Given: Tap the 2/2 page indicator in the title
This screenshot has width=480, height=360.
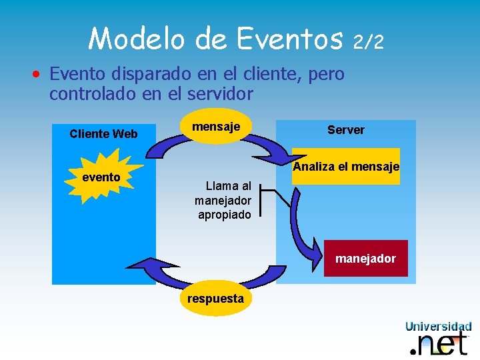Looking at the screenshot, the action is pos(368,42).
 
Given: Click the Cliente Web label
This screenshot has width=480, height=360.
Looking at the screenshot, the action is pos(103,133).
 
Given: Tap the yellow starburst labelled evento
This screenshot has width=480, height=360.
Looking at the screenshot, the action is pos(102,176).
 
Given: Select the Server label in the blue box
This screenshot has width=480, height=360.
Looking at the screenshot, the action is pos(345,129).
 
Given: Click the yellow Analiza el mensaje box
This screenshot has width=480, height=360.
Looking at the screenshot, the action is pos(345,166).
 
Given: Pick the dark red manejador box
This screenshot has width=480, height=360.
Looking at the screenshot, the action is pos(365,258).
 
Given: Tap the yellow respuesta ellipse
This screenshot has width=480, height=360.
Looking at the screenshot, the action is pos(215,298).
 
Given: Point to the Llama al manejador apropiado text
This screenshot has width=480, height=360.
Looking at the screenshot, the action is pos(223,200).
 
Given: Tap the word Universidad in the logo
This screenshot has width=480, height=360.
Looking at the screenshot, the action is pos(438,326).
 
